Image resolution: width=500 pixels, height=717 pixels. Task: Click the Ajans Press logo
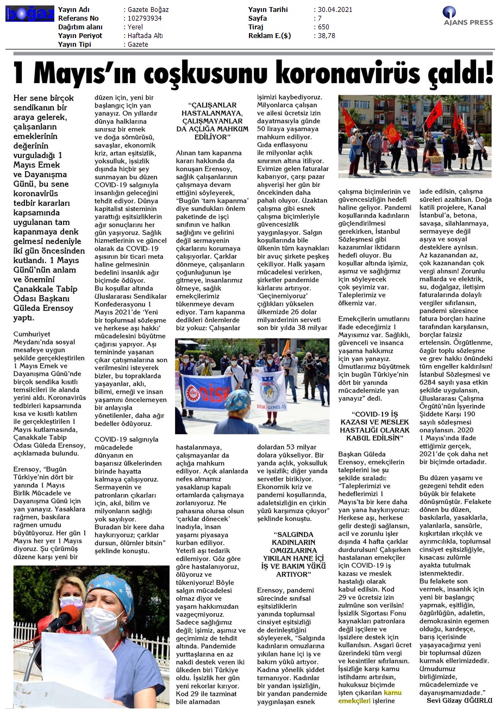coord(467,16)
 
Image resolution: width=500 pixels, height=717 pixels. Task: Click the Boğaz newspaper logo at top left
coord(30,14)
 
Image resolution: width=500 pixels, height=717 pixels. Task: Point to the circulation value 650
coord(323,27)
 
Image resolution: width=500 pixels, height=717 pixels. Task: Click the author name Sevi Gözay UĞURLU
coord(459,700)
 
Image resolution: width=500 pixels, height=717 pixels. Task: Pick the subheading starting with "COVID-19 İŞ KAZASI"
coord(374,426)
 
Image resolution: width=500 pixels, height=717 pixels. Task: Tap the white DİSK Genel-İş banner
coord(269,389)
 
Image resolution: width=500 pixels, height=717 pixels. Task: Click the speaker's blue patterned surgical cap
coord(111,587)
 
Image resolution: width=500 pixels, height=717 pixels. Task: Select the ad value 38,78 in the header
coord(327,36)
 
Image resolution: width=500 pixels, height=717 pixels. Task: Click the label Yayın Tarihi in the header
coord(268,10)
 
